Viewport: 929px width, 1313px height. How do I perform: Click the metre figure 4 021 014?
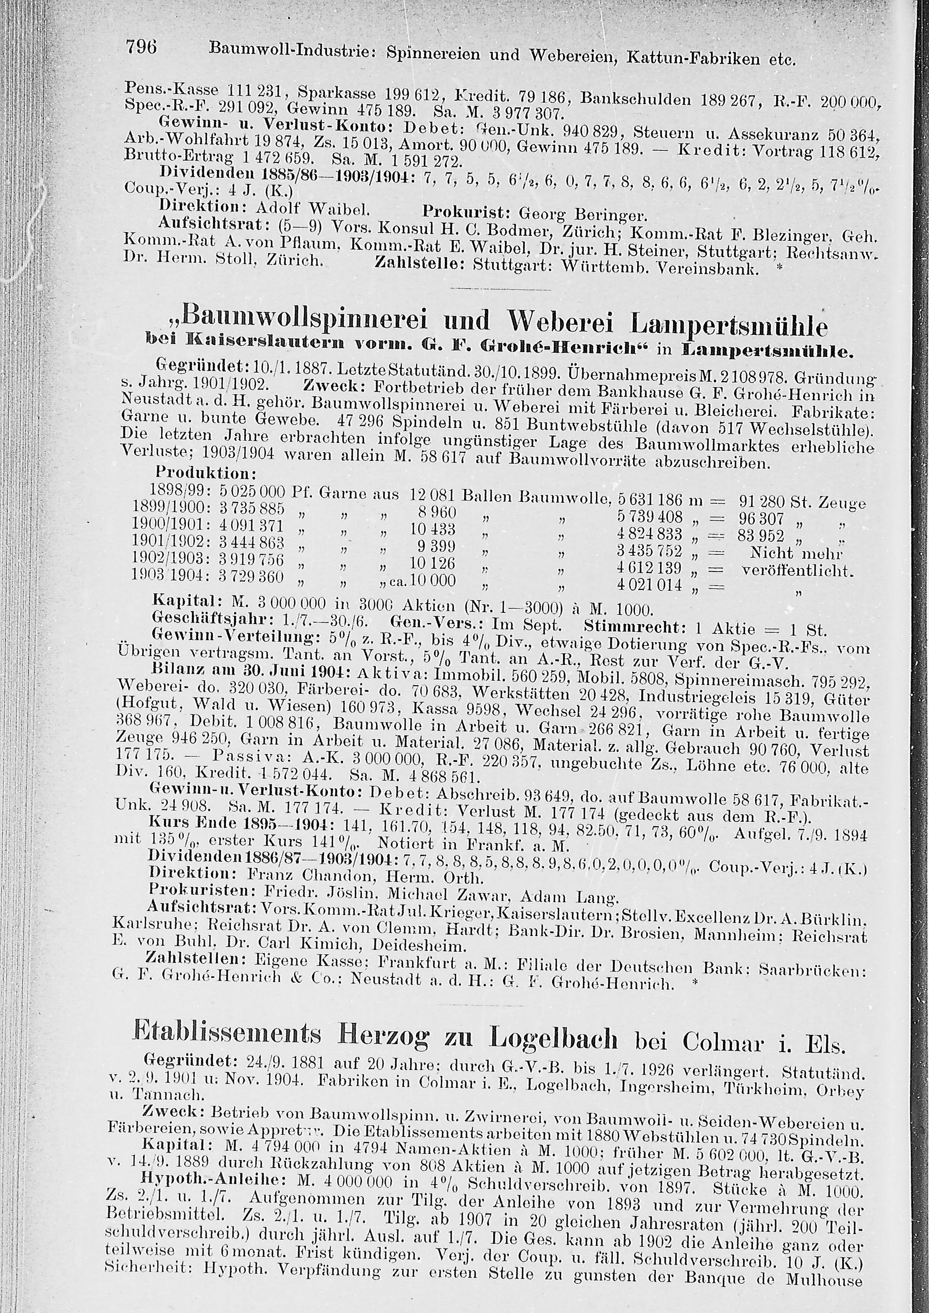pyautogui.click(x=650, y=585)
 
